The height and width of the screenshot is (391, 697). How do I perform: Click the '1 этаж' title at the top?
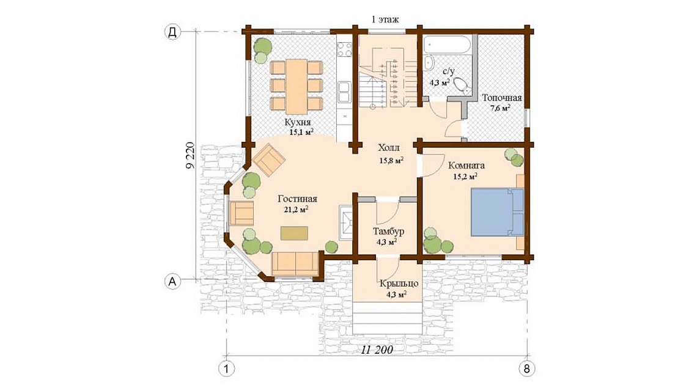[385, 20]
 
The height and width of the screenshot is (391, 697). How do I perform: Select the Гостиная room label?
[297, 199]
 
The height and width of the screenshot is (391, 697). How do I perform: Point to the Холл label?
[389, 147]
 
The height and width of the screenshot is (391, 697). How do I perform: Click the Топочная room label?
[502, 98]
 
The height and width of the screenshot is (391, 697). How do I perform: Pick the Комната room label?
[467, 166]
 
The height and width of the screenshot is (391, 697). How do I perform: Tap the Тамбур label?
[388, 232]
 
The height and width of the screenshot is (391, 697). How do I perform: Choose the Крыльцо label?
[399, 283]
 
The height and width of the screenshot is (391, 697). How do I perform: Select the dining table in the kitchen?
[296, 86]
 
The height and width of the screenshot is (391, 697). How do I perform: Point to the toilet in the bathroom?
[463, 86]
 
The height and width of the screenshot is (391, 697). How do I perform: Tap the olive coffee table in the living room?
[294, 233]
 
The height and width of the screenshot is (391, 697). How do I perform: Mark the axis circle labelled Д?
[172, 32]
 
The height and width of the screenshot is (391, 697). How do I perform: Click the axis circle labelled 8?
[527, 368]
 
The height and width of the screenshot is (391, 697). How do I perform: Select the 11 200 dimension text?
[377, 350]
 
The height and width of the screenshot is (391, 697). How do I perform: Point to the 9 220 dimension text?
[190, 156]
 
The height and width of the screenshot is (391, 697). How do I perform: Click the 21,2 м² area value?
[297, 210]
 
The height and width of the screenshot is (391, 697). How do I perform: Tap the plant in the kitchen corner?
[262, 49]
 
